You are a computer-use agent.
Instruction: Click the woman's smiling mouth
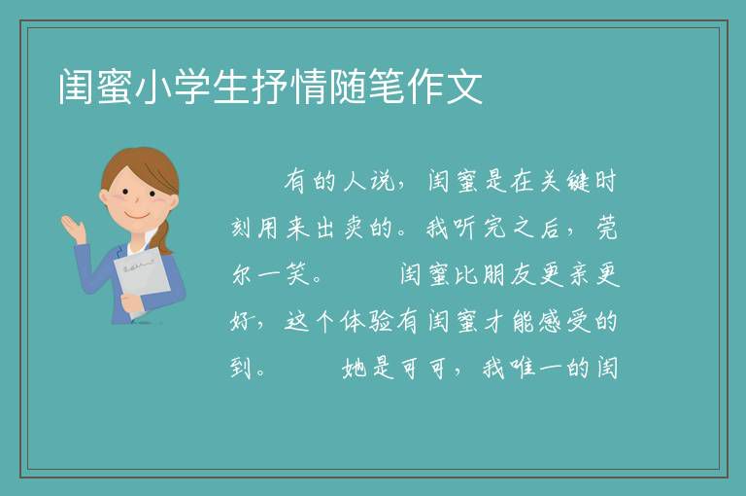(x=138, y=215)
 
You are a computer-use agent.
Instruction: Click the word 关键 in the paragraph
(x=564, y=182)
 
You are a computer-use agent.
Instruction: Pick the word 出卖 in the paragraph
(x=339, y=229)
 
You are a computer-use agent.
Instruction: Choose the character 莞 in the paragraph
(x=606, y=229)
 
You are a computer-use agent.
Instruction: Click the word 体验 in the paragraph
(x=367, y=321)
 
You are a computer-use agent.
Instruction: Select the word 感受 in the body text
(x=564, y=321)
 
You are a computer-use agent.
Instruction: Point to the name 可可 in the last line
(x=423, y=368)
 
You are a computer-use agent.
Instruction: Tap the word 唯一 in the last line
(x=536, y=368)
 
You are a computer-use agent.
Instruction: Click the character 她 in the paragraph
(x=354, y=368)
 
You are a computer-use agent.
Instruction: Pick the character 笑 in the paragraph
(x=298, y=274)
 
